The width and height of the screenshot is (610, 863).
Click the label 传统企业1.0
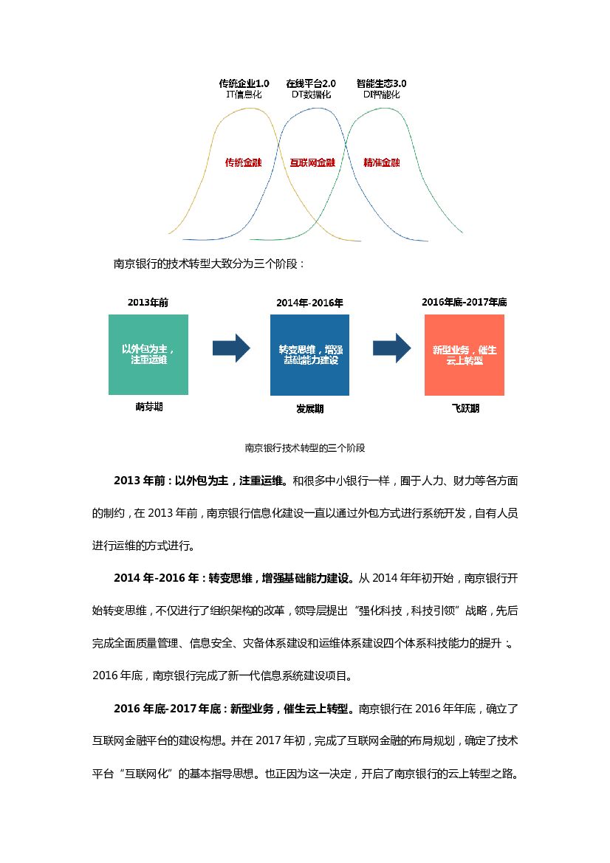pos(244,83)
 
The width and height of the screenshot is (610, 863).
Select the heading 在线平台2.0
pos(310,83)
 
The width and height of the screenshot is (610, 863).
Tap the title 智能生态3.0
pos(381,83)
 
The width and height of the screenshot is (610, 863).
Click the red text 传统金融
pos(243,162)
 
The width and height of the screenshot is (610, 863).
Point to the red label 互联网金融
pos(312,162)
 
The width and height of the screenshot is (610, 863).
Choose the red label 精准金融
pos(381,162)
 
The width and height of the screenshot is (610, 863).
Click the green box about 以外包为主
pos(148,354)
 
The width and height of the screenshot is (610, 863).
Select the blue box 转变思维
pos(310,354)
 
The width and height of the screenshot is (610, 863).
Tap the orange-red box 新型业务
pos(465,354)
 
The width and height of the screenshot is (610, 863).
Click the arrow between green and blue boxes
pos(231,348)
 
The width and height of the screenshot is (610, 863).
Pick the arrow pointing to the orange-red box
pos(391,348)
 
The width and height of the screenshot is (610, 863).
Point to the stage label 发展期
pos(310,408)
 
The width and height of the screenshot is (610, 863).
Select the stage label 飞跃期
pos(465,408)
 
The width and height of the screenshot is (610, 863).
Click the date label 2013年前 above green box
pos(143,302)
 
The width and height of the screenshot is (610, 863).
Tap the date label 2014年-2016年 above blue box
pos(309,303)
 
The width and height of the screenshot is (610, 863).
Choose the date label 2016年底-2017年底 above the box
pos(464,302)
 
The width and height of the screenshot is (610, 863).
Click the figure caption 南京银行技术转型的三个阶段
pos(305,447)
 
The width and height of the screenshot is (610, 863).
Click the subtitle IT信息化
pos(244,94)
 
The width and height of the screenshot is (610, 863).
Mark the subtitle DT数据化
pos(310,94)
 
